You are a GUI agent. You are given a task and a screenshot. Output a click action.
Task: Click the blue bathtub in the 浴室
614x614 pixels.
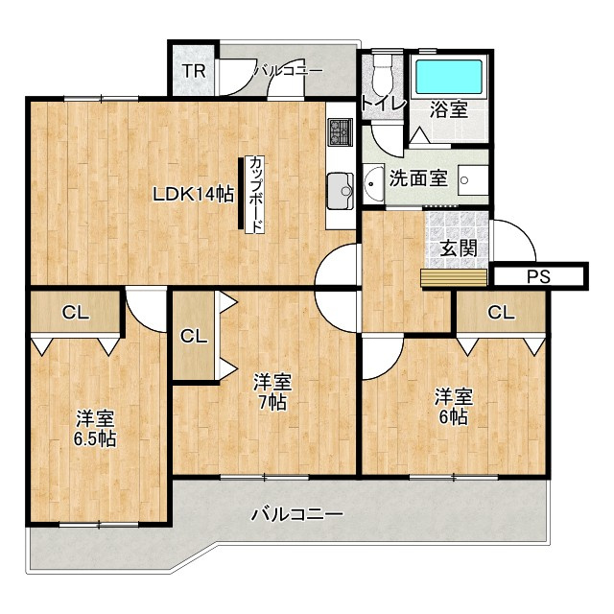449,77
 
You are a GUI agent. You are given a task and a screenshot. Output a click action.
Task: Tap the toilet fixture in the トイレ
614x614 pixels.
382,75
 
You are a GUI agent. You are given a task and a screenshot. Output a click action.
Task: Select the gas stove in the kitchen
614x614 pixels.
340,132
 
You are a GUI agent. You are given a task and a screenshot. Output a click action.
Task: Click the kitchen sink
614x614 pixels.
341,191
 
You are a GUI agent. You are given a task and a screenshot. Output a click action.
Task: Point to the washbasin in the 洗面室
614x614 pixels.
373,184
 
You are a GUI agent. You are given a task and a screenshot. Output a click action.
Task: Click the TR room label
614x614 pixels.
194,71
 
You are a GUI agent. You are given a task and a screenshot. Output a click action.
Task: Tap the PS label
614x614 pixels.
538,276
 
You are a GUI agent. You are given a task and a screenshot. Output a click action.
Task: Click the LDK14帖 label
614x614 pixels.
193,194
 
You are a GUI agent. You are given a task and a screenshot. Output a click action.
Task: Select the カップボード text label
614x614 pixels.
255,195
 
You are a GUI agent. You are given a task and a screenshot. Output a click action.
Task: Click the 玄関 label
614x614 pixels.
459,248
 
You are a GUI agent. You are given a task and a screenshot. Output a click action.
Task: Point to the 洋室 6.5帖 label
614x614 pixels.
95,429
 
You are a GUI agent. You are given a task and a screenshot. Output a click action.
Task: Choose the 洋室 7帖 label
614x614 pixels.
272,391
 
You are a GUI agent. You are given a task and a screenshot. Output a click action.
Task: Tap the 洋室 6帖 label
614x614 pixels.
453,406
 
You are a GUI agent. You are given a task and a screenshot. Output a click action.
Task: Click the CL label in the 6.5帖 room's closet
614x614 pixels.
76,313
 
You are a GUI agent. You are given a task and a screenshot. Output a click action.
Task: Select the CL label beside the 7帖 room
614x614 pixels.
194,336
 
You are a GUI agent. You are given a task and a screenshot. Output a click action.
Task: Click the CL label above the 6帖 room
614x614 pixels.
501,313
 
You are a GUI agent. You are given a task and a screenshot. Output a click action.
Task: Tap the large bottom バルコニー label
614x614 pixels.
296,514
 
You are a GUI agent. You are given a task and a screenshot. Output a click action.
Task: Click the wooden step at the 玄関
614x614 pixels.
454,277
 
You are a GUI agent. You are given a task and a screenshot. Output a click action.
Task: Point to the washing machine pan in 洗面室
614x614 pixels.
473,180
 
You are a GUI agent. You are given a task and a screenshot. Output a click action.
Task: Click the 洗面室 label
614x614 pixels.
418,178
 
